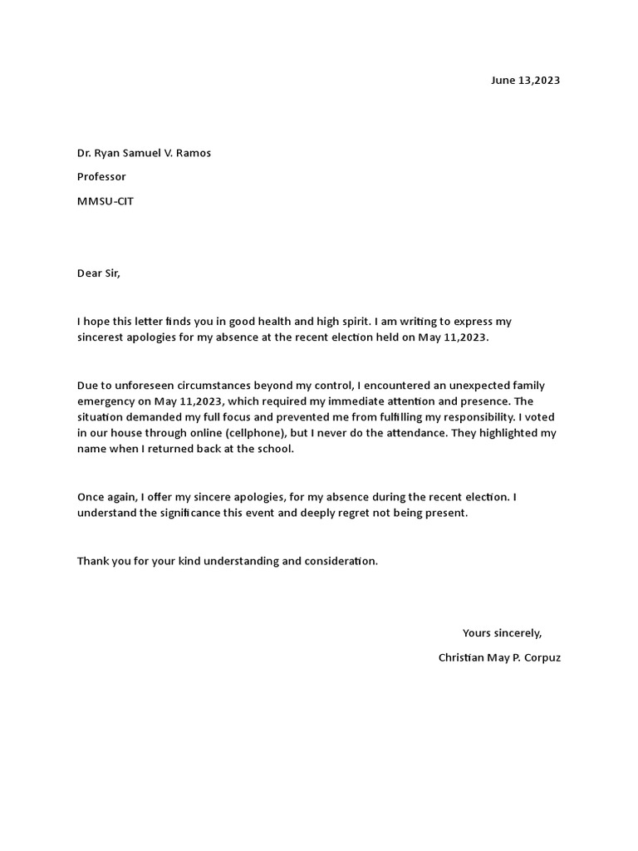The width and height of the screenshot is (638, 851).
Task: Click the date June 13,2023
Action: (525, 81)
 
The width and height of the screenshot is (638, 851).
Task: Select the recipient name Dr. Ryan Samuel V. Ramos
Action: (144, 153)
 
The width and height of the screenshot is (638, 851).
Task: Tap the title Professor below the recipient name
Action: (101, 177)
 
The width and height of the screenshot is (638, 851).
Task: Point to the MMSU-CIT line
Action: (106, 201)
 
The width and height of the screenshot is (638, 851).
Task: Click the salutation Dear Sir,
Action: (99, 273)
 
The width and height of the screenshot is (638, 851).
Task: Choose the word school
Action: (274, 450)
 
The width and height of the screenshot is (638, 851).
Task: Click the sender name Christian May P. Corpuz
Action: (499, 657)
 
